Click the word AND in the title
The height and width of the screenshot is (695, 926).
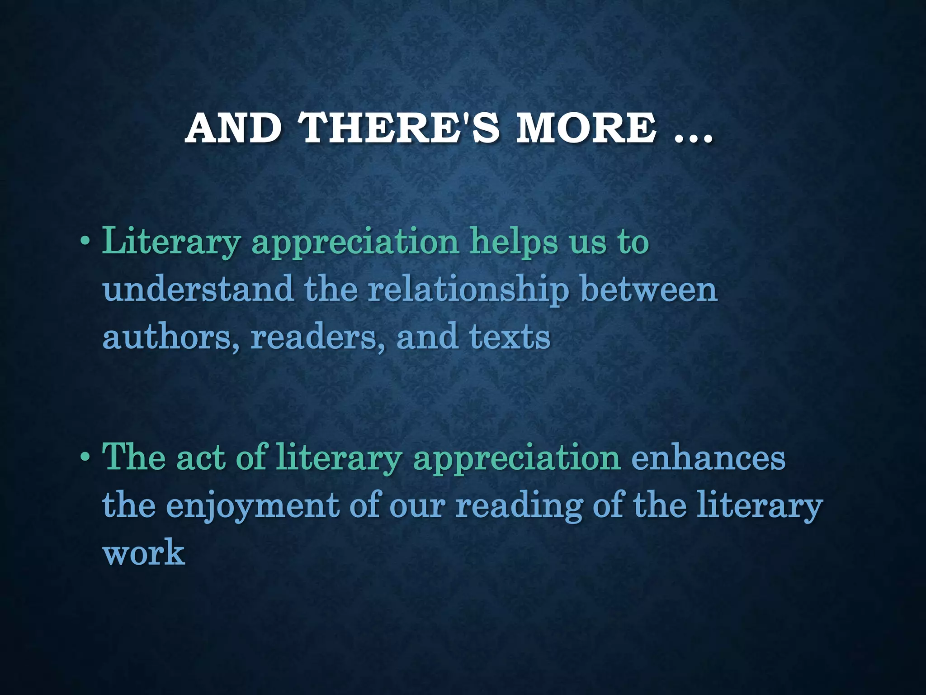(x=233, y=128)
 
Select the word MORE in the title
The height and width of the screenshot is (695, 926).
(x=586, y=128)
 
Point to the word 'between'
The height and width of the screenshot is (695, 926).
(x=649, y=290)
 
